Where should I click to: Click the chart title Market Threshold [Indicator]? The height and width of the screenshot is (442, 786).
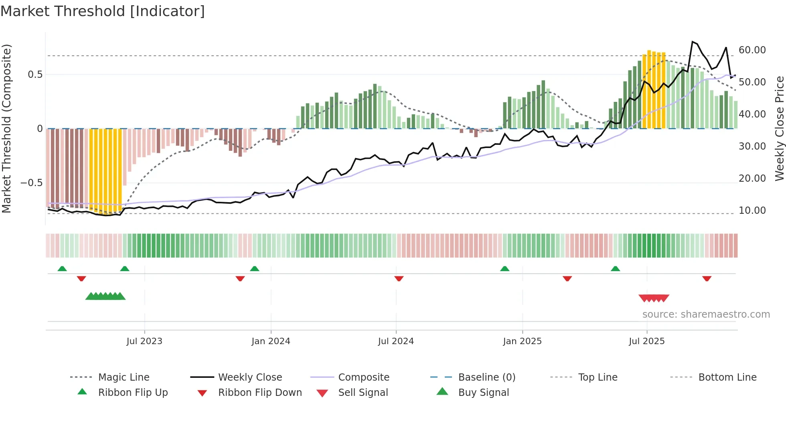103,11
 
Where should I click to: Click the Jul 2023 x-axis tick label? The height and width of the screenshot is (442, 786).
144,341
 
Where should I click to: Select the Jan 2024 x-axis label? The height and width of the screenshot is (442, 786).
271,341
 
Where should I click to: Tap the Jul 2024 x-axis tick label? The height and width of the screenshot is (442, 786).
396,341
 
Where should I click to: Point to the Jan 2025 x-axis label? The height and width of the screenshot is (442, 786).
522,341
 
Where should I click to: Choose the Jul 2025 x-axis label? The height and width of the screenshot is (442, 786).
646,341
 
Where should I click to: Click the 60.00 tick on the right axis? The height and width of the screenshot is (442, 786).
752,50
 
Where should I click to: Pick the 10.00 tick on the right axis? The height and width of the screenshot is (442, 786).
752,211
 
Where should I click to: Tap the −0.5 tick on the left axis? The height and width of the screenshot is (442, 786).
31,183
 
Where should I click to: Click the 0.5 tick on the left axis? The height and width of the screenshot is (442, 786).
35,75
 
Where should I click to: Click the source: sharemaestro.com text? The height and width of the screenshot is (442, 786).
706,314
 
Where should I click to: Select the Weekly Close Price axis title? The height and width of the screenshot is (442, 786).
779,128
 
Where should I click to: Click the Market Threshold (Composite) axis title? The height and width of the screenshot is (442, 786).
6,128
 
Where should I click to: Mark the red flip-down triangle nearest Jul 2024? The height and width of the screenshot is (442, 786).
399,278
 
